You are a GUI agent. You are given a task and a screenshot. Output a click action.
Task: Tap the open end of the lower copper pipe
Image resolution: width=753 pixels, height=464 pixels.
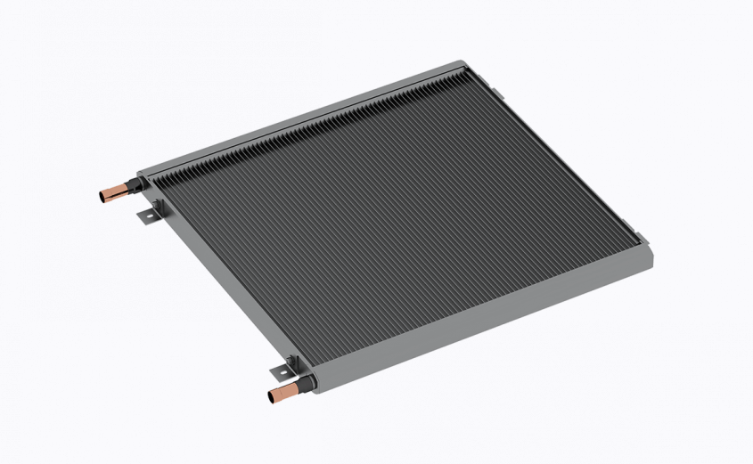(270, 397)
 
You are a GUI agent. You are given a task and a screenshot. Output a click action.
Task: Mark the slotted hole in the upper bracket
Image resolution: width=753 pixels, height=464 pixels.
(145, 216)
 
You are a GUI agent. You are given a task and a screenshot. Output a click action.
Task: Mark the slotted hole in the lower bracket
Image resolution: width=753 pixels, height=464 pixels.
(278, 369)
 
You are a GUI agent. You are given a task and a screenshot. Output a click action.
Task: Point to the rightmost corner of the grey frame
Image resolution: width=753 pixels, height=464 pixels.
(650, 258)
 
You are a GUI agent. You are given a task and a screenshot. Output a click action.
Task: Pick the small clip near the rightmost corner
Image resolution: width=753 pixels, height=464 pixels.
(638, 237)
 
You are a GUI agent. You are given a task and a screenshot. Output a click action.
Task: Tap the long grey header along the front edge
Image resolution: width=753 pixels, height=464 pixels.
(481, 321)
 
